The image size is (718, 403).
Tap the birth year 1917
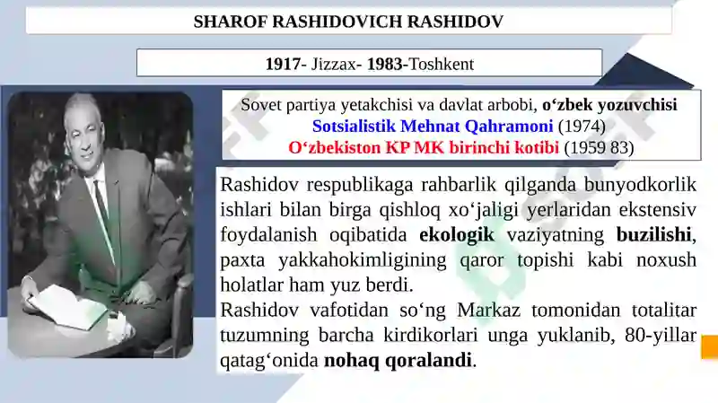point(284,64)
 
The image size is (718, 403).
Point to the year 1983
point(385,64)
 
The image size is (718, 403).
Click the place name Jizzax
point(333,64)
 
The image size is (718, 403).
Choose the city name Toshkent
point(441,64)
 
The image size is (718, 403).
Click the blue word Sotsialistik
point(354,126)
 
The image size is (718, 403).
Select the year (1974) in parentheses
point(582,127)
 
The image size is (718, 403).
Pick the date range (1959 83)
point(599,148)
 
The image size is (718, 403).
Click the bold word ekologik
point(457,234)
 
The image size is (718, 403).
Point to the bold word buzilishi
point(653,234)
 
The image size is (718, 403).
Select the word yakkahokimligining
point(363,260)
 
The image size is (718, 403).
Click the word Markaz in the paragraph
point(488,310)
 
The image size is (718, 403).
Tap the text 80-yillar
point(661,335)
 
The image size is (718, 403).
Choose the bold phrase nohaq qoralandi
point(398,361)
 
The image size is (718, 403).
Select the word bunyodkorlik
point(640,185)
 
